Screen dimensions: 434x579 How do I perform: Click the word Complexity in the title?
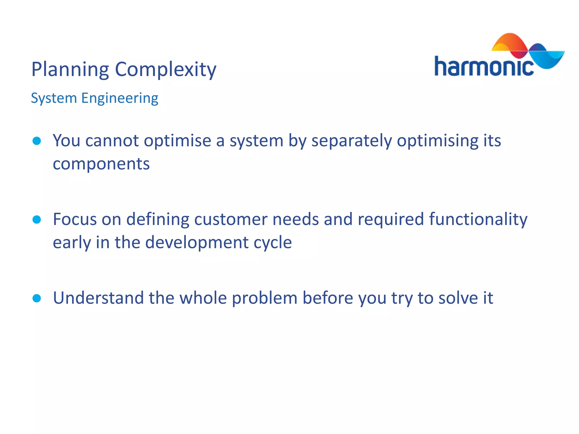(x=166, y=70)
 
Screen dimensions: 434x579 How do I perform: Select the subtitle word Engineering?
(x=120, y=98)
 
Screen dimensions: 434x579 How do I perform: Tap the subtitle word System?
(x=54, y=98)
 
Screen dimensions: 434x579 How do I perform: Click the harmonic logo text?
(x=484, y=67)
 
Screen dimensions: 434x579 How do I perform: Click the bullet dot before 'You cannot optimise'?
(x=37, y=141)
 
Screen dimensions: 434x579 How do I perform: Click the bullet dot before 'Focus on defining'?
(x=37, y=219)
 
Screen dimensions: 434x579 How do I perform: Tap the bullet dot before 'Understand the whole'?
(x=37, y=298)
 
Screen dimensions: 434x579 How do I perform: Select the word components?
(x=101, y=164)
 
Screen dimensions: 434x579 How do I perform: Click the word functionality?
(x=478, y=219)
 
